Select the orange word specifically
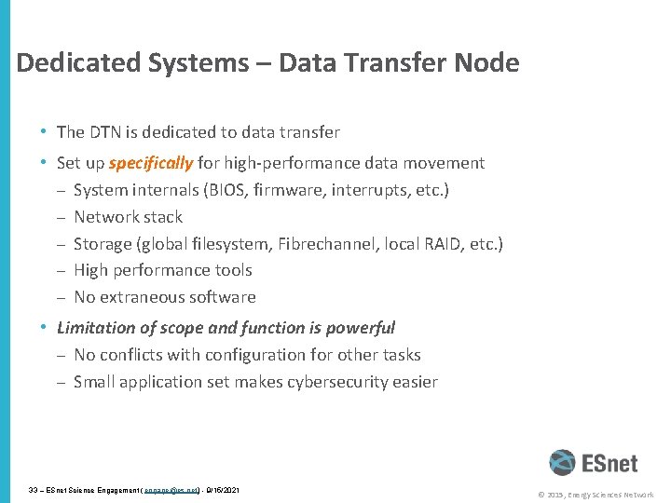click(x=150, y=163)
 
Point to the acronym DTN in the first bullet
click(x=106, y=132)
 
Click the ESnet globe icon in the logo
click(x=562, y=463)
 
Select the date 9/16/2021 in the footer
click(x=221, y=489)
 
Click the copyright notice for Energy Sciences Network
click(x=594, y=495)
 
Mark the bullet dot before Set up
click(x=44, y=163)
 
